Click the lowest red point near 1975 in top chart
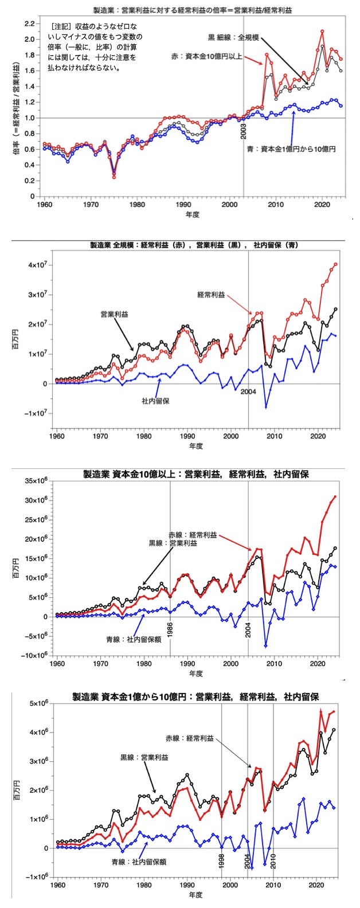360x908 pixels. (114, 177)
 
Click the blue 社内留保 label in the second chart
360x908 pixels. (155, 401)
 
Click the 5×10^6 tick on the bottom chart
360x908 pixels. (37, 703)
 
